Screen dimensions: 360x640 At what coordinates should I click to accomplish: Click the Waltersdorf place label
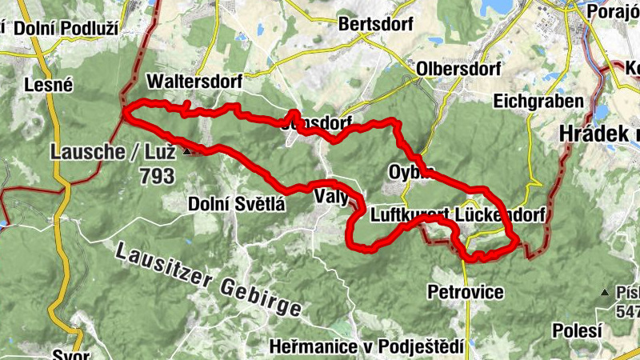click(x=194, y=82)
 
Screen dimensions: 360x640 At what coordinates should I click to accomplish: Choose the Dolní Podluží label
click(x=65, y=28)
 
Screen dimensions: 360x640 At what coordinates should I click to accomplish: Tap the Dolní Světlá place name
click(x=236, y=204)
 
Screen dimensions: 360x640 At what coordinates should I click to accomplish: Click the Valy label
click(x=330, y=197)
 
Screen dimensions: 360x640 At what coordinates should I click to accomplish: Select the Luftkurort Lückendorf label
click(x=458, y=215)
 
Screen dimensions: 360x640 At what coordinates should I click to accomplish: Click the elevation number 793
click(x=156, y=176)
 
